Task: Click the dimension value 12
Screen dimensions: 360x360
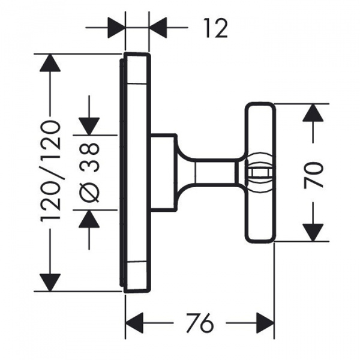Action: (x=215, y=28)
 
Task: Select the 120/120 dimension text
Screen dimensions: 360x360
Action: (x=51, y=172)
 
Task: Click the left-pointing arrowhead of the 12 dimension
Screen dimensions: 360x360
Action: (x=158, y=28)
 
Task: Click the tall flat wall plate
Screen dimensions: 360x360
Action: (x=134, y=172)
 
